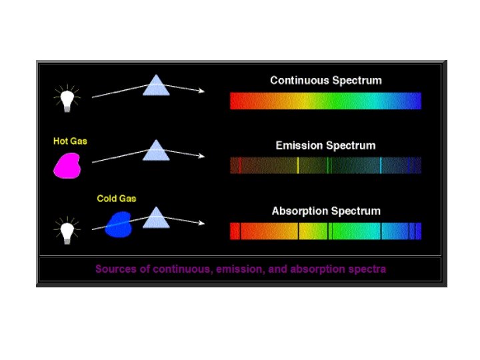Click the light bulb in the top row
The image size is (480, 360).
66,98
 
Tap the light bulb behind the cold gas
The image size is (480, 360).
66,231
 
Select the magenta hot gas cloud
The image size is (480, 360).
67,164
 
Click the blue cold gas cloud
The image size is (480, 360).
119,224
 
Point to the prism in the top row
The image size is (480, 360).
156,86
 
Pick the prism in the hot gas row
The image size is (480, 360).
156,151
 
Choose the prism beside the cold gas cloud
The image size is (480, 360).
156,217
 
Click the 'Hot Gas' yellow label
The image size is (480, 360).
70,141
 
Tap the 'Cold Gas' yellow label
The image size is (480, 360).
117,199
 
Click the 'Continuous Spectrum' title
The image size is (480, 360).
325,81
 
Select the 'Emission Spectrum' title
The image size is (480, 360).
325,145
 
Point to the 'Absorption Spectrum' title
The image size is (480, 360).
326,211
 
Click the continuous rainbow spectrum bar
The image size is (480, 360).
325,101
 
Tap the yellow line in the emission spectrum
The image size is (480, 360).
297,165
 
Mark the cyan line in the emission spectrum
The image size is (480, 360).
381,165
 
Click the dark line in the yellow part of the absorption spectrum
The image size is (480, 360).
298,231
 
